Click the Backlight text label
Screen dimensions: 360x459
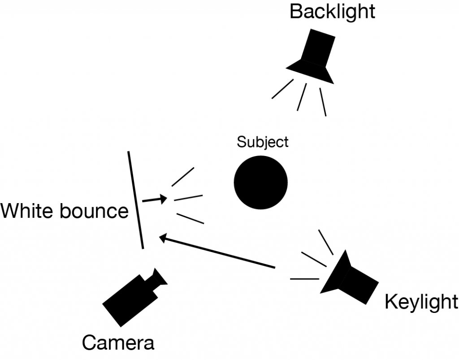click(x=332, y=12)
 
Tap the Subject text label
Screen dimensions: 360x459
click(x=263, y=143)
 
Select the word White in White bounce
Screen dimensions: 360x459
click(x=28, y=211)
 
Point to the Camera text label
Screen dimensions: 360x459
click(x=118, y=343)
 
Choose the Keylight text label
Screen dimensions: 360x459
click(x=421, y=303)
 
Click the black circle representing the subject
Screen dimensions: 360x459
click(x=260, y=182)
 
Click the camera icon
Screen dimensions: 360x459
click(x=132, y=294)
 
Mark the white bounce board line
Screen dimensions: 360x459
click(x=136, y=200)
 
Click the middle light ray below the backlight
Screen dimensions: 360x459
click(x=302, y=97)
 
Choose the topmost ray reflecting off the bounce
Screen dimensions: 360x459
click(x=183, y=177)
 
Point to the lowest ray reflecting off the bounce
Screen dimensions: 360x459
click(x=191, y=219)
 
